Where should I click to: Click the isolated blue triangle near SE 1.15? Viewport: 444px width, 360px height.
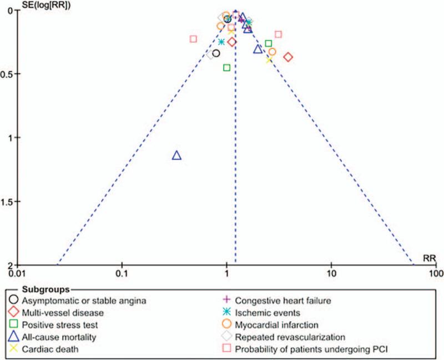tap(176, 156)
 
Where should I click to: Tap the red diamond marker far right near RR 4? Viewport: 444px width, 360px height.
tap(288, 57)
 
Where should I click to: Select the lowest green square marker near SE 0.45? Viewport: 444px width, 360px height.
tap(226, 68)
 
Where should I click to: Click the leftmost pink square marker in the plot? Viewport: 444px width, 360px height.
tap(193, 39)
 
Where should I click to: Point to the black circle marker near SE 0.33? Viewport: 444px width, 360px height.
tap(216, 53)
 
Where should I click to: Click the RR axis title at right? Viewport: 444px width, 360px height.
tap(429, 258)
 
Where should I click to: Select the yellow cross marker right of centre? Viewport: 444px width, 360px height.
tap(269, 59)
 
